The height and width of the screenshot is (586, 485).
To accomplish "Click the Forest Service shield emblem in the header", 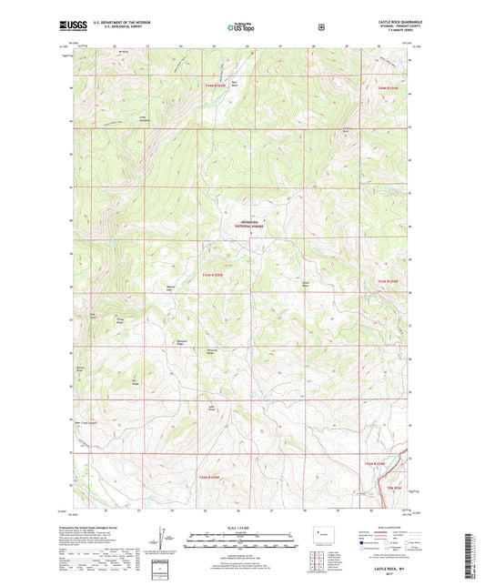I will [x=320, y=26].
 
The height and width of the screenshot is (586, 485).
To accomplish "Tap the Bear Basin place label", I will [x=234, y=85].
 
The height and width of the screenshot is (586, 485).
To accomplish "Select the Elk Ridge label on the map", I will [x=137, y=380].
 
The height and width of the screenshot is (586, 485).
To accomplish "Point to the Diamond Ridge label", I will [x=181, y=343].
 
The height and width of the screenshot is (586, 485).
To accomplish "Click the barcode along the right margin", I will [x=474, y=550].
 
